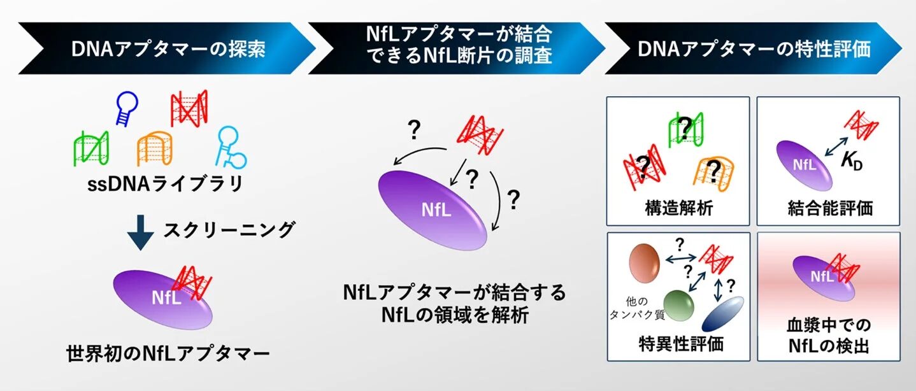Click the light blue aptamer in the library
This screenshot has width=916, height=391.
[x=230, y=146]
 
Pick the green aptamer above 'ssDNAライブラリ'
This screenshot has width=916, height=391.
[x=90, y=148]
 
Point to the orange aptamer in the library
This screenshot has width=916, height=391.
[x=154, y=148]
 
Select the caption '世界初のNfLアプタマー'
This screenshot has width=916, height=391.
[x=168, y=352]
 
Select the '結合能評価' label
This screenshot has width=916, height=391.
[x=828, y=208]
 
